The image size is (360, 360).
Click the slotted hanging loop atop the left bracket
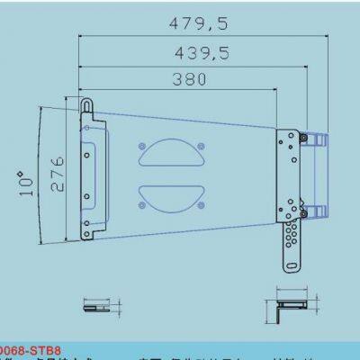pyautogui.click(x=87, y=107)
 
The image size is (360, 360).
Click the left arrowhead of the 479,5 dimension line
pyautogui.click(x=83, y=37)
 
